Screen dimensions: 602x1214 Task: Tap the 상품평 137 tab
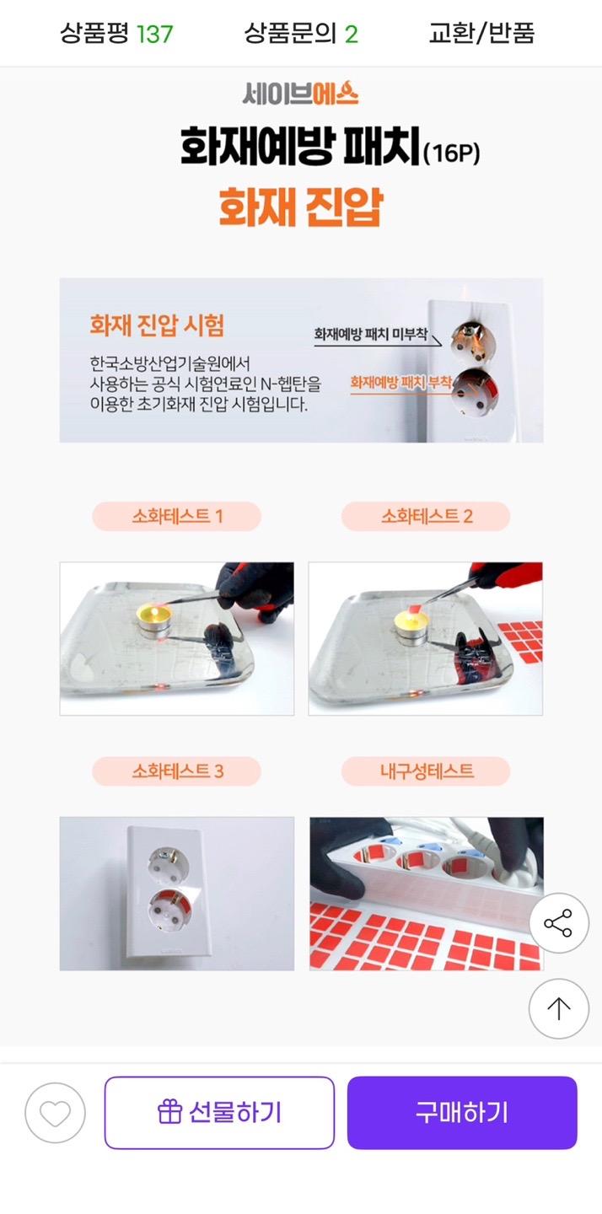(116, 34)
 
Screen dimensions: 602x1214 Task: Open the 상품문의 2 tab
(301, 34)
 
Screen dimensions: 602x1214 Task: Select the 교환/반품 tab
(481, 34)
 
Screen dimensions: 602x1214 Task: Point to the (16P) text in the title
(451, 153)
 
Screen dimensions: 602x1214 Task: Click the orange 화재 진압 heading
(301, 207)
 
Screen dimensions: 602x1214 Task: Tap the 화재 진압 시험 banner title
(157, 325)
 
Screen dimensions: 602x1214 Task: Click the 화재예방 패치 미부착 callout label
(371, 334)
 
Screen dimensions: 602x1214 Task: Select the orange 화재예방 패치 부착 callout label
(401, 383)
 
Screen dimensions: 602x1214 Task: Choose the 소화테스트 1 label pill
(177, 516)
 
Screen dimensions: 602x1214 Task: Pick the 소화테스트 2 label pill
(426, 516)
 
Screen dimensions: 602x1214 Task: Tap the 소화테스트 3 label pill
(177, 771)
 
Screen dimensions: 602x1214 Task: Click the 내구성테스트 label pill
(426, 771)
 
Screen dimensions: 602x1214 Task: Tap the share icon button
(559, 923)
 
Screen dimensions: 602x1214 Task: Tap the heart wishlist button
(56, 1113)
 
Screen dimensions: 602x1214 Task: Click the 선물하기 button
(219, 1113)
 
